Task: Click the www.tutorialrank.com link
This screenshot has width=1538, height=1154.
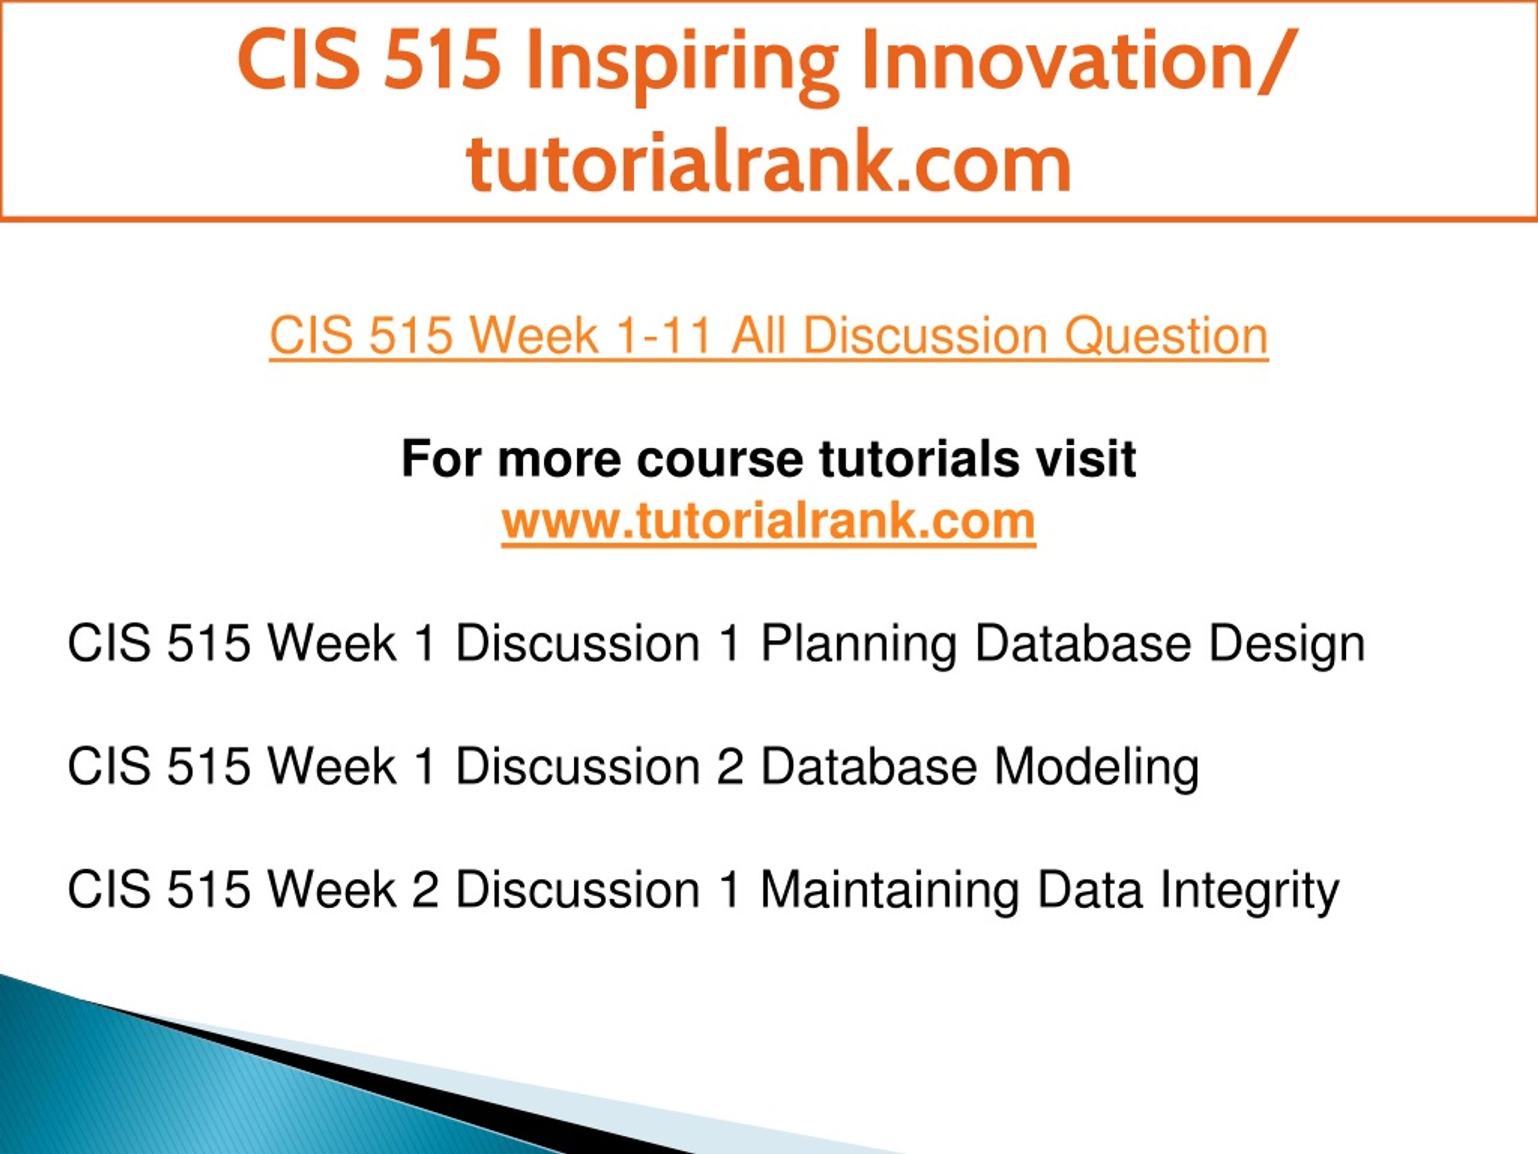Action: [x=768, y=522]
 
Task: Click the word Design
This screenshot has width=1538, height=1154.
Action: [x=1287, y=644]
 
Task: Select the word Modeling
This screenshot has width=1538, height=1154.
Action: [x=1096, y=768]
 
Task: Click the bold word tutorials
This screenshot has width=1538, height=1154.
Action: [x=917, y=460]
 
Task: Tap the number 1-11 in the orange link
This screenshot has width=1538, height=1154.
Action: [x=663, y=337]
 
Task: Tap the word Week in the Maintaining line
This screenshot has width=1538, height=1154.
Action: [x=332, y=890]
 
